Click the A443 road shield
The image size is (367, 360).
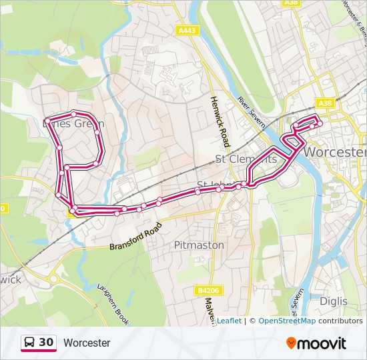pos(187,30)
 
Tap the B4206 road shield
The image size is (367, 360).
pos(208,291)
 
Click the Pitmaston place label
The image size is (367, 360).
pos(199,245)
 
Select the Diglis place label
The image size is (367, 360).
pos(333,301)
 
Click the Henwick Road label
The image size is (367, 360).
pos(220,121)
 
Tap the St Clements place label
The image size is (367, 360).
pos(246,159)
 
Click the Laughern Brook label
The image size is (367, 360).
pos(112,303)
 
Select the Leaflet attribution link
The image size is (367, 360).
pos(229,321)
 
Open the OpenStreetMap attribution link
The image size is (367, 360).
pos(287,321)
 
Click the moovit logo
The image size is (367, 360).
pos(316,343)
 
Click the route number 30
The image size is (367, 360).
pos(46,343)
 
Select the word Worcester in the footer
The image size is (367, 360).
pos(87,343)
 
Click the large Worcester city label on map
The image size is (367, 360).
pos(335,152)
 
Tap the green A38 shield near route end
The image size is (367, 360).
pos(325,103)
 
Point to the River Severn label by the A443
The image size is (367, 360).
pos(251,111)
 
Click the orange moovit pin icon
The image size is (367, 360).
pos(292,343)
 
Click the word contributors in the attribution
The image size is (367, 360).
pos(340,321)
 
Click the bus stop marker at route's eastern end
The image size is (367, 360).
pos(320,123)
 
